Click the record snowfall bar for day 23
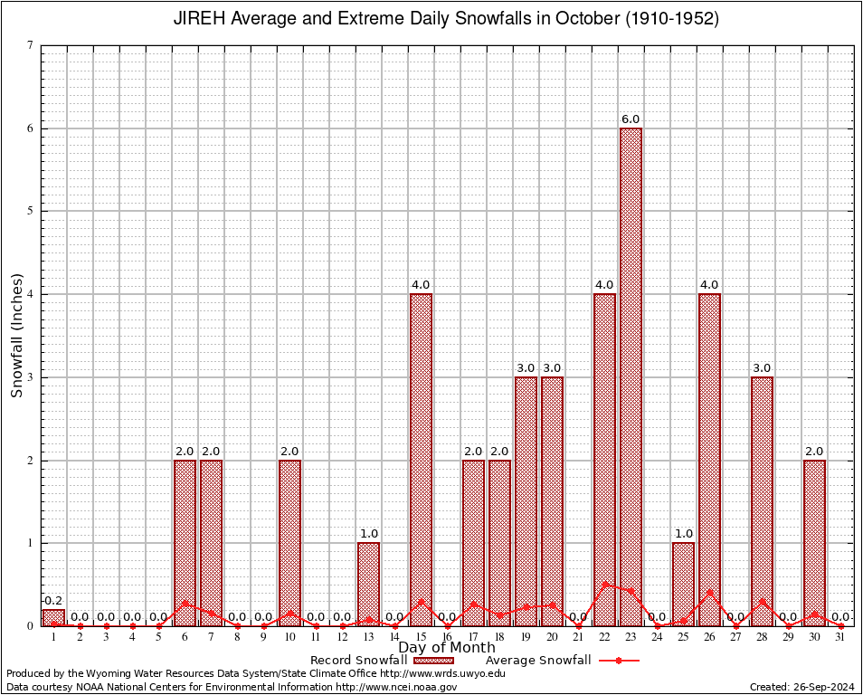pyautogui.click(x=631, y=376)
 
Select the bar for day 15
pyautogui.click(x=421, y=460)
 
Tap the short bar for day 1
pyautogui.click(x=53, y=617)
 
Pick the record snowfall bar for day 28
pyautogui.click(x=762, y=500)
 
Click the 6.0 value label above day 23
pyautogui.click(x=631, y=119)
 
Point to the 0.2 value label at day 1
pyautogui.click(x=53, y=601)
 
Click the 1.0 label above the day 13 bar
pyautogui.click(x=368, y=534)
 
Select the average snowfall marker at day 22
pyautogui.click(x=604, y=584)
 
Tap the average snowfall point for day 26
pyautogui.click(x=709, y=592)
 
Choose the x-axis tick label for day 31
pyautogui.click(x=840, y=637)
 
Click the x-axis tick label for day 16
pyautogui.click(x=447, y=637)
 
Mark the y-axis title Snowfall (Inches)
pyautogui.click(x=16, y=336)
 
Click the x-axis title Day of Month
pyautogui.click(x=447, y=647)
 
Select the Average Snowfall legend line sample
pyautogui.click(x=618, y=661)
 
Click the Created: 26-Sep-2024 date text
pyautogui.click(x=802, y=687)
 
